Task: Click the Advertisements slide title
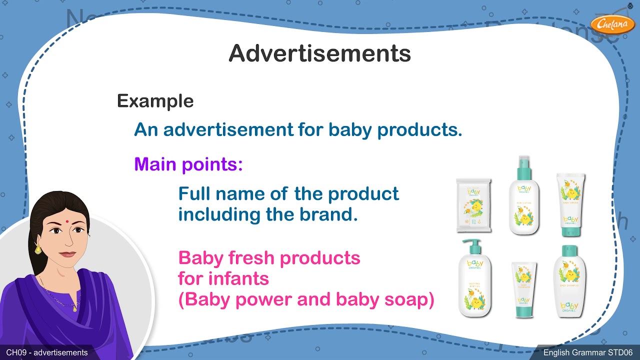(319, 53)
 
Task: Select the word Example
(155, 101)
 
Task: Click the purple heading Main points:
(188, 164)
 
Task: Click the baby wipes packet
(473, 206)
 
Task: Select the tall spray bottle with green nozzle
(524, 197)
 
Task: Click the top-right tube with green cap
(570, 204)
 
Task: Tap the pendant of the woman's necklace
(74, 308)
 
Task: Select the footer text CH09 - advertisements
(47, 353)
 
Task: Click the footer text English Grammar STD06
(588, 353)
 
